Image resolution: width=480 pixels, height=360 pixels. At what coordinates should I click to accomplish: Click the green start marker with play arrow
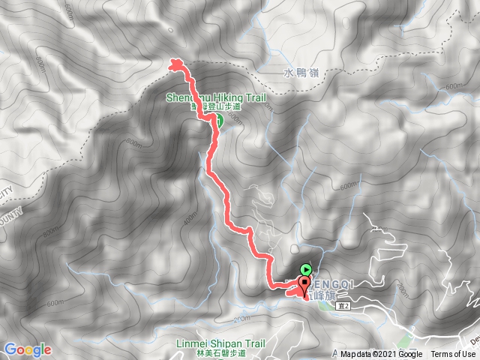point(306,269)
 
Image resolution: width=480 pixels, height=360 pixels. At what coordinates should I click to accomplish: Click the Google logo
point(27,349)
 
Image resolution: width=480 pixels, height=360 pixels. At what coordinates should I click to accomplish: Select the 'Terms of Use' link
point(453,355)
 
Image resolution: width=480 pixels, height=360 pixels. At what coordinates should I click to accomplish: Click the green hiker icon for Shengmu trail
point(218,118)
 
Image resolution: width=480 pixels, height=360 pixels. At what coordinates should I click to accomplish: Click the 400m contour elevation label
point(191,213)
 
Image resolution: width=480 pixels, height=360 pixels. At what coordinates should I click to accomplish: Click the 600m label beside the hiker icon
point(233,118)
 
